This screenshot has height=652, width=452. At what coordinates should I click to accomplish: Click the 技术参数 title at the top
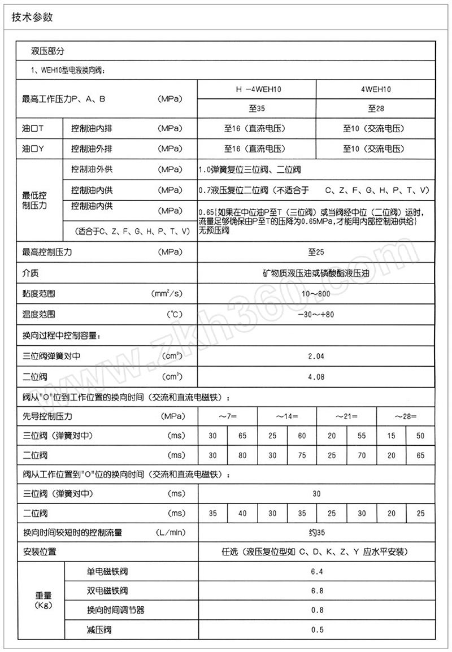coord(32,17)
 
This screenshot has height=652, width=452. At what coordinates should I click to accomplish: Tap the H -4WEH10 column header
coord(257,89)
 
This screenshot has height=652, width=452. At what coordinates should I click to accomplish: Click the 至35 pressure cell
coord(257,108)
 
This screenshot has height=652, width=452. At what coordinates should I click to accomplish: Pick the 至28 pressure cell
coord(376,108)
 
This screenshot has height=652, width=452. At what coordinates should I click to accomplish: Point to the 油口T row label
coord(33,129)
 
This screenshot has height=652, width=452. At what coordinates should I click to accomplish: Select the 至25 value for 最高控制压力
coord(316,253)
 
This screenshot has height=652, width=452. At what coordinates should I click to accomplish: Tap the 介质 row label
coord(31,273)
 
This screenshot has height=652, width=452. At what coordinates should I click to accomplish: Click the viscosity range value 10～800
coord(316,294)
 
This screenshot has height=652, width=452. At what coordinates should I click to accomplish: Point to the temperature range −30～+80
coord(316,315)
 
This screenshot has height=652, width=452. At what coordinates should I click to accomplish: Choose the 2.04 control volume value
coord(316,357)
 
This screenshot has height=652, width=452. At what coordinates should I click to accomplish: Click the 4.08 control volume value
coord(316,376)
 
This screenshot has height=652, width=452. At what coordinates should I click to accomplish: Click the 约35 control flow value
coord(316,532)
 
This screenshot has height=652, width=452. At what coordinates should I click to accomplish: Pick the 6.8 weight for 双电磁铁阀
coord(316,590)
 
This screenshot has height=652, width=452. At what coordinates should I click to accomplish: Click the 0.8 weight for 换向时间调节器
coord(316,610)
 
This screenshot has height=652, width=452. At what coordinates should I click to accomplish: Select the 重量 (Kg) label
coord(44,601)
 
